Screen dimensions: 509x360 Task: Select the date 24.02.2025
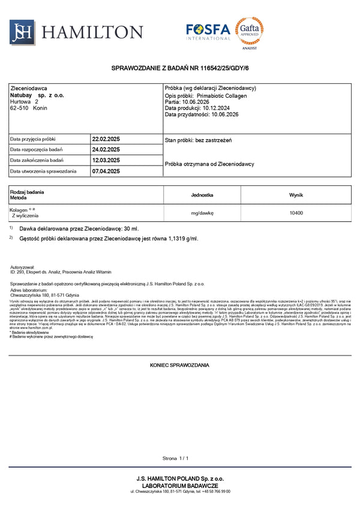106,149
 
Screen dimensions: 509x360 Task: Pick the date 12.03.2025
106,161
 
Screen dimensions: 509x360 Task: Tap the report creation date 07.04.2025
106,171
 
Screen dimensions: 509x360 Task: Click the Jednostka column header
202,195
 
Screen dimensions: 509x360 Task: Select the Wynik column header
296,195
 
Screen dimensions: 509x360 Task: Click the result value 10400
296,213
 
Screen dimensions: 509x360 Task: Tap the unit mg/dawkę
202,213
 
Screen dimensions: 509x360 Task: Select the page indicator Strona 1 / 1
175,458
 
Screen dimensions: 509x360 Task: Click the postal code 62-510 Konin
29,108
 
